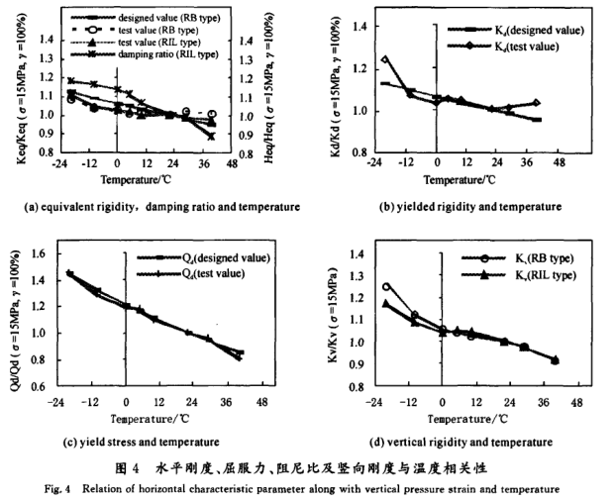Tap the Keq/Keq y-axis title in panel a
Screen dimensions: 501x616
(22, 89)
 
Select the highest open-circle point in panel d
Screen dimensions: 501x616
(386, 287)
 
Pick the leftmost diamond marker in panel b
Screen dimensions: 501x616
(385, 59)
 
